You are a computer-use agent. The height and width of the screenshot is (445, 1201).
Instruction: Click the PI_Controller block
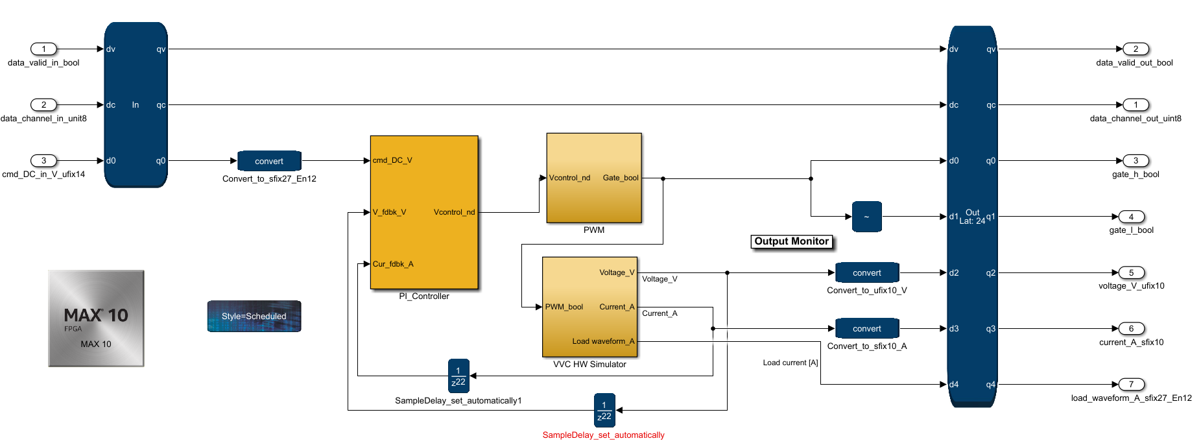coord(424,212)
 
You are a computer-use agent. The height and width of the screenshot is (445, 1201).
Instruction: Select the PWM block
coord(594,178)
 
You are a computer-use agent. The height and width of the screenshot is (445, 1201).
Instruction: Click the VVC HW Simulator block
coord(589,307)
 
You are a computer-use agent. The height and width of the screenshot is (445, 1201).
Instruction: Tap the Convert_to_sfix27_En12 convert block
coord(269,161)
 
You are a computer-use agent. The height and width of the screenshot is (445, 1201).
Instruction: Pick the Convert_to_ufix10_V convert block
coord(867,272)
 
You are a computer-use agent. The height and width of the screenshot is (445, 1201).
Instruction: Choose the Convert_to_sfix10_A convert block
coord(867,328)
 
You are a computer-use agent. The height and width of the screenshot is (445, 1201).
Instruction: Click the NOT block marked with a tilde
coord(866,217)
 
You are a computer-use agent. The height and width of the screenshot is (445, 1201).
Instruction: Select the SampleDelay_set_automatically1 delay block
coord(458,376)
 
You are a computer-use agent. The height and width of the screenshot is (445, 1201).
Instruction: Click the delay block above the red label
coord(604,410)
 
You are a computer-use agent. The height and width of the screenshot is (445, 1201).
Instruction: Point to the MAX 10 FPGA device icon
coord(96,319)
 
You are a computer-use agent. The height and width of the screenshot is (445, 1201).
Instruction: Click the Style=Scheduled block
coord(254,316)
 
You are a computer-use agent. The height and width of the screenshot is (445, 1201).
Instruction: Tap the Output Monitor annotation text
coord(791,241)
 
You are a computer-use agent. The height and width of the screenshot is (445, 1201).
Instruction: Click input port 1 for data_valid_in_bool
coord(44,49)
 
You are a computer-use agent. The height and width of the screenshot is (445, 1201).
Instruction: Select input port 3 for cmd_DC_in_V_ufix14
coord(44,160)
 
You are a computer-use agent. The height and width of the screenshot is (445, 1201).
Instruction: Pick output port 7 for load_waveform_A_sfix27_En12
coord(1131,384)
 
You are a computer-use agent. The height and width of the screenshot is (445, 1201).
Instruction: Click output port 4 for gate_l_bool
coord(1131,217)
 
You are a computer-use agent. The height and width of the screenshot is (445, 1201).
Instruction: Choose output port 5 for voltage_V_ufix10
coord(1131,272)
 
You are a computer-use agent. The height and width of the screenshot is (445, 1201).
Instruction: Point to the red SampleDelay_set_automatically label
coord(603,435)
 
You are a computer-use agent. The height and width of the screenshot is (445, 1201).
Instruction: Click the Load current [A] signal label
coord(791,363)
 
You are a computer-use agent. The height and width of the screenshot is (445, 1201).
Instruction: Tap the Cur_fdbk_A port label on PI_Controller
coord(393,264)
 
